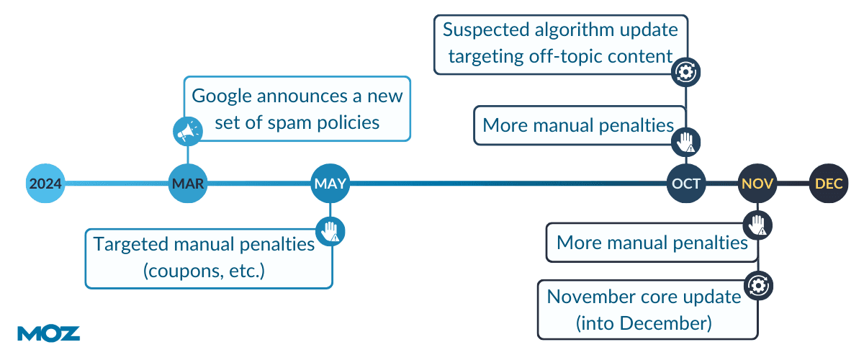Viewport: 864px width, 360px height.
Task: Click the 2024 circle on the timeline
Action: (45, 184)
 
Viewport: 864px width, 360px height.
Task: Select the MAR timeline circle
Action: (188, 184)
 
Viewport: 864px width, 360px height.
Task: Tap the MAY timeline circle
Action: (330, 184)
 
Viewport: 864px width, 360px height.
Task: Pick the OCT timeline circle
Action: (686, 184)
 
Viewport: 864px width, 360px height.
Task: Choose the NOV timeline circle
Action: (757, 184)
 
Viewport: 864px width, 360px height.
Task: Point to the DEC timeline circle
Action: (829, 184)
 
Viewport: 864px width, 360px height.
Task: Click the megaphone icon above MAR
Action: (188, 131)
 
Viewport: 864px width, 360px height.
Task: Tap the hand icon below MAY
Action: (330, 232)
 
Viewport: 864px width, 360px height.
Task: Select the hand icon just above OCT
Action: (685, 142)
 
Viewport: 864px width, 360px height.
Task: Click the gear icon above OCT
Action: (685, 72)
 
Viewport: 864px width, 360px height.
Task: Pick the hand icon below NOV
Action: (757, 225)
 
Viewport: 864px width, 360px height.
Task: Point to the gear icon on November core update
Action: (758, 286)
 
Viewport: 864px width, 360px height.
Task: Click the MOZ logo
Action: (49, 333)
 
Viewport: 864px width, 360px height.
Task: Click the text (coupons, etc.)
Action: (204, 271)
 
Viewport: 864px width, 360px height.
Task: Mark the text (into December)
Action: (644, 323)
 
